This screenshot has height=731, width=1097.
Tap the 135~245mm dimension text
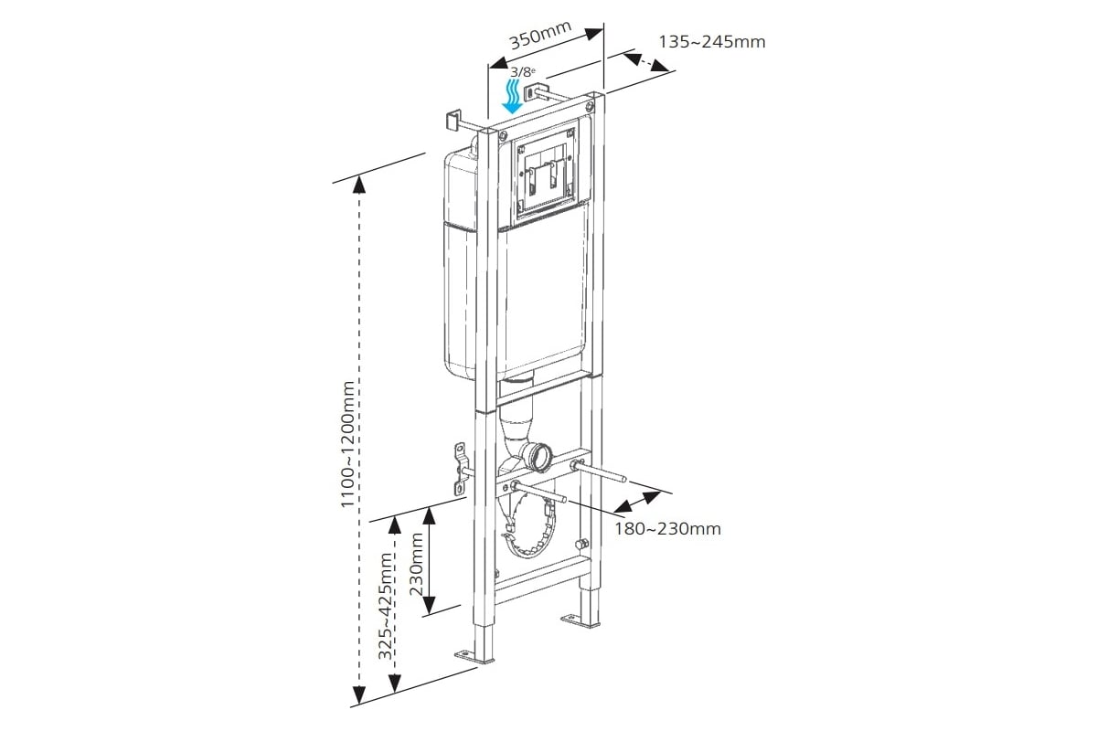(711, 41)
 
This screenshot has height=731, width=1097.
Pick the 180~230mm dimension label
(667, 528)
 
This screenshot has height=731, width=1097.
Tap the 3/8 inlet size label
(521, 71)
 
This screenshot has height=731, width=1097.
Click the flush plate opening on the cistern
(547, 175)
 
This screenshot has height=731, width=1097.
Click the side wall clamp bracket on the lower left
(460, 468)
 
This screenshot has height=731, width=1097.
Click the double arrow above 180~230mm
(637, 501)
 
